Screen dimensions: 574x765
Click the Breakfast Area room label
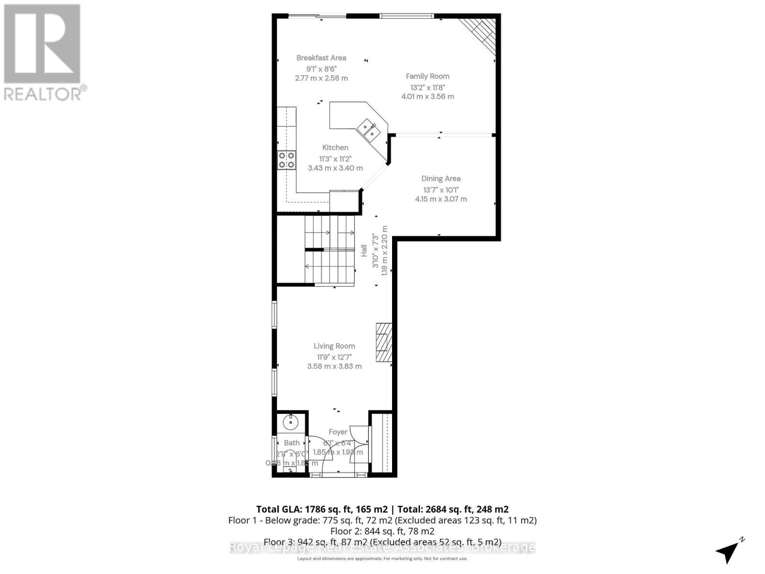click(321, 58)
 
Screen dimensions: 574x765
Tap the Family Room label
click(427, 76)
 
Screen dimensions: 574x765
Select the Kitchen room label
click(335, 148)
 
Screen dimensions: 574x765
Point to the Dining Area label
click(441, 178)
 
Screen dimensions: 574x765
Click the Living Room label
click(334, 346)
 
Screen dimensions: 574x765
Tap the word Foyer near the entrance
click(338, 432)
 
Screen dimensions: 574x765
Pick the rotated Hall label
click(364, 250)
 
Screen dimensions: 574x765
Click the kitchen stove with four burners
click(286, 160)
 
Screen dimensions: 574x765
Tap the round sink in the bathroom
click(290, 422)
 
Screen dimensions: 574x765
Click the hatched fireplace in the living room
click(383, 342)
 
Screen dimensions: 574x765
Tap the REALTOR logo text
click(45, 93)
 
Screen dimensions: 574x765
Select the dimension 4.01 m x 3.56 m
click(427, 97)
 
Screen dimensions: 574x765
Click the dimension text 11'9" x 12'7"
click(334, 357)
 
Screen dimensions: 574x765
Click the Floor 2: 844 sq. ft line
click(382, 531)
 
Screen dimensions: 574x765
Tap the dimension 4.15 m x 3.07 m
click(441, 199)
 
